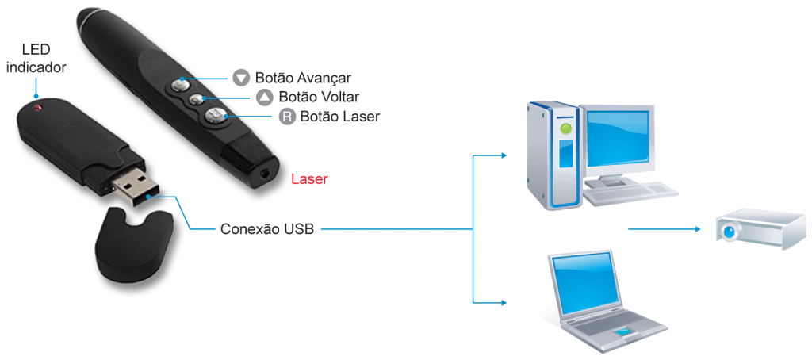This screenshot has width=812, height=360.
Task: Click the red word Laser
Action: (x=309, y=180)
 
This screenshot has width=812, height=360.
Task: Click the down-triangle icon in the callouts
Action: (x=241, y=79)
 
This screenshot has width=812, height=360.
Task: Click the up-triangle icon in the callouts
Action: (x=265, y=97)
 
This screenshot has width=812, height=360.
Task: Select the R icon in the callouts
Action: (x=287, y=117)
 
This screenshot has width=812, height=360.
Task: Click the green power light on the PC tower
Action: (x=565, y=127)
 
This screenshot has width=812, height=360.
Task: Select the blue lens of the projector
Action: (x=728, y=230)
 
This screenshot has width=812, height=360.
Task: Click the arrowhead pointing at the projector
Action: (x=698, y=231)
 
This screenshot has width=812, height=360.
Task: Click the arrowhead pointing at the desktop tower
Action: (x=506, y=155)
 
